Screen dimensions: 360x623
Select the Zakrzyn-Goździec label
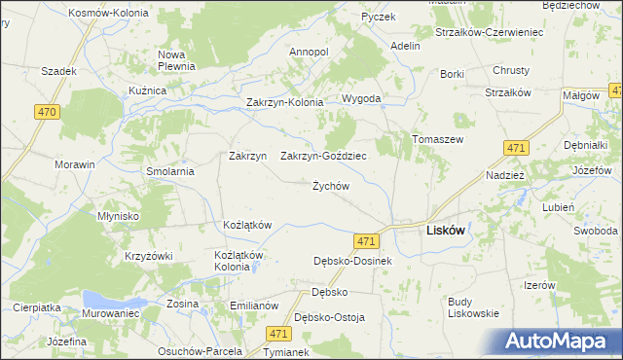(x=323, y=156)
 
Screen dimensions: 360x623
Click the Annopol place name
(x=310, y=51)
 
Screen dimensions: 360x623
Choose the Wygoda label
(x=360, y=99)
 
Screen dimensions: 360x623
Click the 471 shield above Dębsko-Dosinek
(x=365, y=240)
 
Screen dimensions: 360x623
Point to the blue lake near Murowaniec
(x=101, y=298)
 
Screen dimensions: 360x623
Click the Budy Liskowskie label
(x=473, y=307)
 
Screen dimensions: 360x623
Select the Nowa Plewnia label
(x=177, y=60)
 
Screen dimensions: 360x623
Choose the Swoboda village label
(x=595, y=231)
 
